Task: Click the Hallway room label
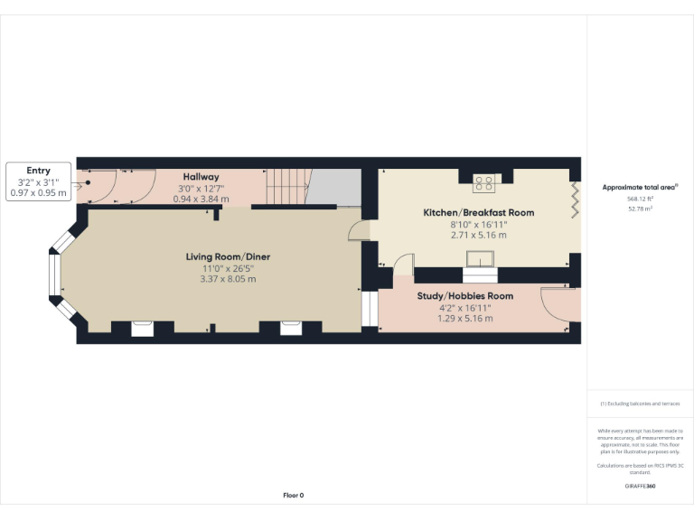pos(201,176)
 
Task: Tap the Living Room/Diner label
pos(228,257)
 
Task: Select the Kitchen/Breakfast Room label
pos(478,213)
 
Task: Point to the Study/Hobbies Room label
pos(464,296)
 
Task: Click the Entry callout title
pos(38,171)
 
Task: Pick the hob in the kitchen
pos(483,183)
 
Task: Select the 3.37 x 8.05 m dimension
pos(228,279)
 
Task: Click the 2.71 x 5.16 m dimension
pos(478,235)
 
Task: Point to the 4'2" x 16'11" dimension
pos(464,308)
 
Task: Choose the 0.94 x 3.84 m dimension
pos(201,198)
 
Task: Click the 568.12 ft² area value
pos(640,199)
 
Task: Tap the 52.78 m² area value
pos(640,208)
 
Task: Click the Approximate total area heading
pos(640,187)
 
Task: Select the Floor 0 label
pos(294,495)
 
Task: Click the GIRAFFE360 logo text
pos(640,486)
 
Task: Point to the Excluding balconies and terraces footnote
pos(640,404)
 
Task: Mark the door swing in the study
pos(553,301)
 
